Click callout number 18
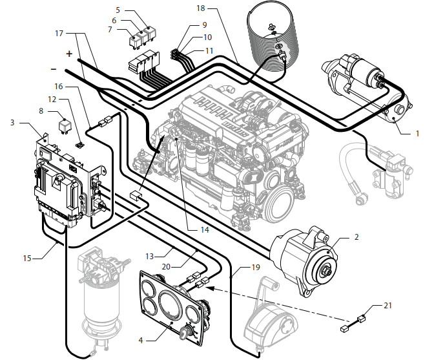pos(201,8)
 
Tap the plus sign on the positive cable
pos(69,54)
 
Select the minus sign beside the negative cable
pos(54,69)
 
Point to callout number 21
pos(387,306)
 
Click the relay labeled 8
pos(64,126)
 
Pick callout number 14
pos(205,230)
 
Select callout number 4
pos(141,341)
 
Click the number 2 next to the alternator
pos(356,237)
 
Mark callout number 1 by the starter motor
pos(417,134)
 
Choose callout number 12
pos(52,99)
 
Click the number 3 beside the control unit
pos(12,123)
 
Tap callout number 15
pos(27,259)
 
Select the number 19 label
pos(256,267)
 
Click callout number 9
pos(205,25)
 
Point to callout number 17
pos(59,34)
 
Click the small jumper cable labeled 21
pos(353,324)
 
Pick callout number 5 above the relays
pos(118,10)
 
